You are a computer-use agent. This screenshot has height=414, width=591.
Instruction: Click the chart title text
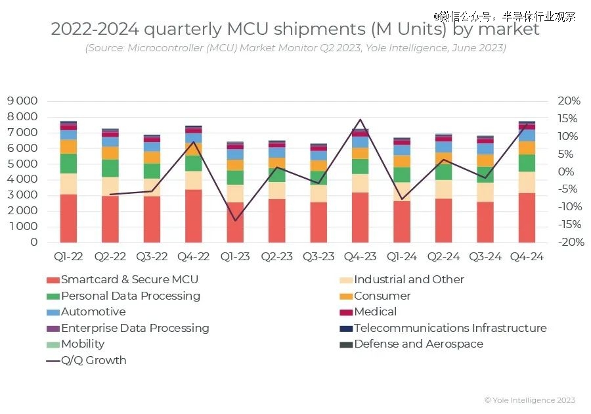click(295, 30)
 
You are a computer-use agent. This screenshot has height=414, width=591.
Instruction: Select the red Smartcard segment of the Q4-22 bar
click(193, 216)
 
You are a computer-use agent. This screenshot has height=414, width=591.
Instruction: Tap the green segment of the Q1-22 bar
click(68, 164)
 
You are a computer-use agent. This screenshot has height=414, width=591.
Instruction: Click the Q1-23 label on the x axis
click(234, 257)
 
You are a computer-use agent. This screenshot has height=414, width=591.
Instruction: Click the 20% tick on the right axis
click(569, 101)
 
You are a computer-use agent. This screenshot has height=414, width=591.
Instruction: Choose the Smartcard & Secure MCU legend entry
click(129, 279)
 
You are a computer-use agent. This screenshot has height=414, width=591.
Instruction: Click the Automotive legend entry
click(93, 311)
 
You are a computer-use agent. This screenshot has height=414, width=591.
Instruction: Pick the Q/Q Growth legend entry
click(93, 360)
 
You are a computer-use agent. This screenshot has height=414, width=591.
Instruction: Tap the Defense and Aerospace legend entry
click(418, 344)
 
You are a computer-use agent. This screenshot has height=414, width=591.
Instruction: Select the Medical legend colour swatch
click(346, 312)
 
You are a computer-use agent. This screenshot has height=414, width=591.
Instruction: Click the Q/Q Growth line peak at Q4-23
click(360, 120)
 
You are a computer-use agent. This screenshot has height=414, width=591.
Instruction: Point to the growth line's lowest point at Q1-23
click(234, 221)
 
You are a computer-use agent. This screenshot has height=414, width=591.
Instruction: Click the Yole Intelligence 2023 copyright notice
click(529, 400)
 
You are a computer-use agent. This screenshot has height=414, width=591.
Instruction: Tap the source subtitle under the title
click(295, 48)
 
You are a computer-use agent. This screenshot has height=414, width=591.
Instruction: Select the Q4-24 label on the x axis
click(527, 257)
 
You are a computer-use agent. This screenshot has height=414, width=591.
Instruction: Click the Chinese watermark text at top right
click(504, 16)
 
